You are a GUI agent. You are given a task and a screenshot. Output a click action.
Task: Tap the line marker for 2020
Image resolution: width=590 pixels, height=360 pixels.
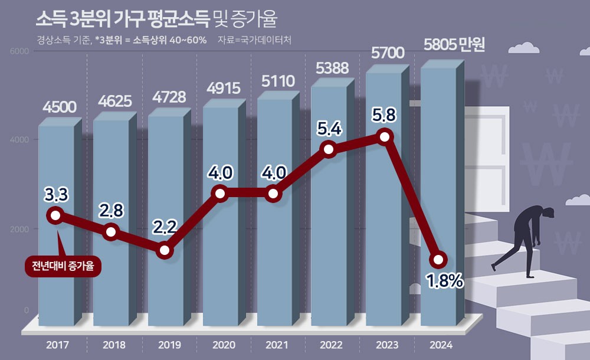point(220,194)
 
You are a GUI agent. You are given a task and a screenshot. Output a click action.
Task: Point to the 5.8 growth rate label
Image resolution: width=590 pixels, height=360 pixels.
point(385,113)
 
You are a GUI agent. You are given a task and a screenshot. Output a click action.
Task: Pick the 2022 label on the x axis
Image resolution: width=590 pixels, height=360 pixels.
point(330,345)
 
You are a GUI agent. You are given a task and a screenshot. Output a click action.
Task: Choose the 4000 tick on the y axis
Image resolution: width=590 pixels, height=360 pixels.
point(21,140)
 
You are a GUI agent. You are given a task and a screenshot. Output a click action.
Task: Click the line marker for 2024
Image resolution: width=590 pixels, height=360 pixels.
point(438,259)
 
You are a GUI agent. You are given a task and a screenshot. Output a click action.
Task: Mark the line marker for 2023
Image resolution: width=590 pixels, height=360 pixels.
point(385,137)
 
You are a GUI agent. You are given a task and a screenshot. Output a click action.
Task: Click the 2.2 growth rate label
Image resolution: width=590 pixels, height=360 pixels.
point(165,227)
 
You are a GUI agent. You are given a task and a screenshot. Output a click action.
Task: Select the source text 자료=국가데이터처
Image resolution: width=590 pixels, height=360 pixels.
point(254,40)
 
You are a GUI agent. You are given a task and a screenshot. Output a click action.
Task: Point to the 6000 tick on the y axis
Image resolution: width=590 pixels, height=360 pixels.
point(21,51)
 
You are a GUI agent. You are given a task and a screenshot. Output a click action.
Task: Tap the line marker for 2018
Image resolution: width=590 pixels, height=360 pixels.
point(111,232)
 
